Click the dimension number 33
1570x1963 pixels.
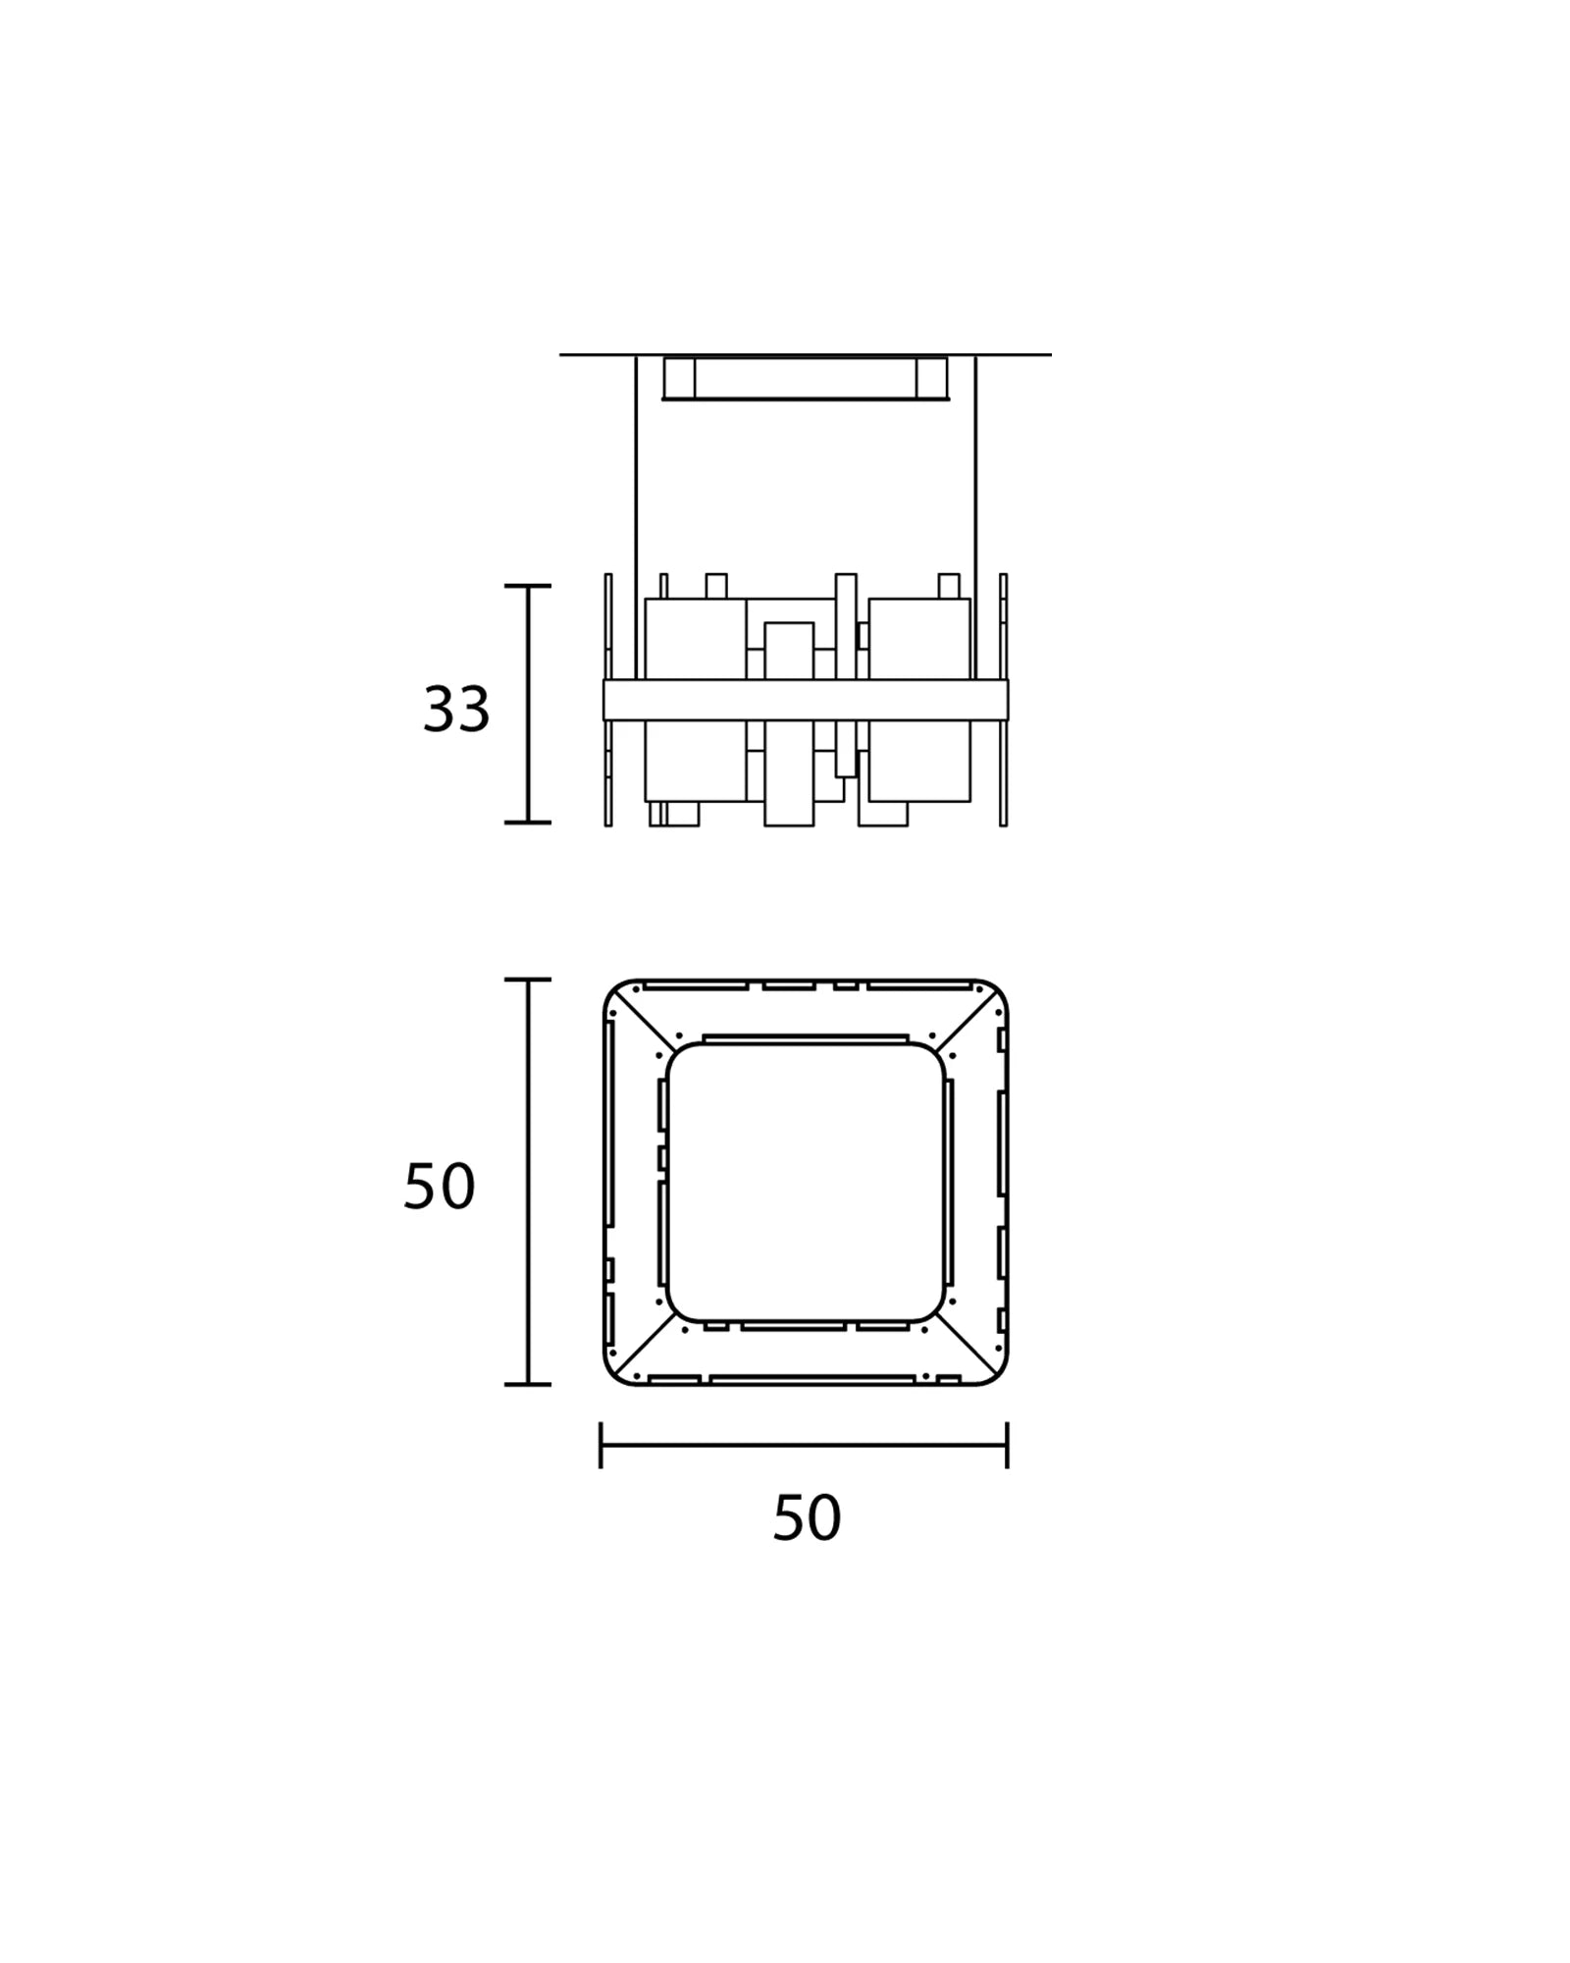[456, 709]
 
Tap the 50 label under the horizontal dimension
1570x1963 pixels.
[807, 1517]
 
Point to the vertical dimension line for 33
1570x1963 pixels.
[528, 704]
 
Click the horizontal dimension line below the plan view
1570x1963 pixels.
[804, 1445]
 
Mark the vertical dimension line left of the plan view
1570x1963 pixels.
[528, 1182]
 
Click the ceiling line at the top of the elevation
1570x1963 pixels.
[806, 354]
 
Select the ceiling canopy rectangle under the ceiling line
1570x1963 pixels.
[806, 378]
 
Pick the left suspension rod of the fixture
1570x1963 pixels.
[636, 516]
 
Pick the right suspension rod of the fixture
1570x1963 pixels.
[975, 516]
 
